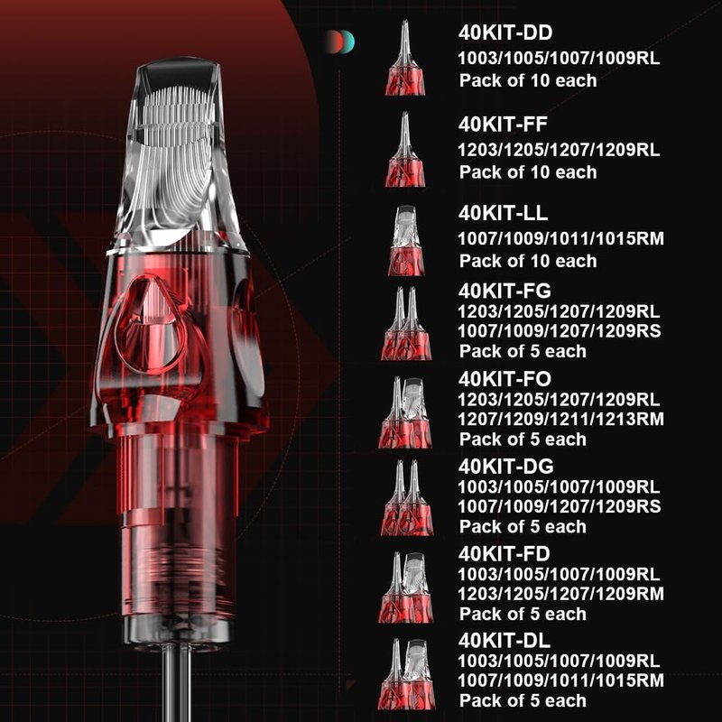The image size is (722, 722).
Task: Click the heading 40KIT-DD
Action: click(505, 32)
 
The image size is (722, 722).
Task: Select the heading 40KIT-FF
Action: click(503, 125)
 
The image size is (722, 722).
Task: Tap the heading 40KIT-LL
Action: click(503, 213)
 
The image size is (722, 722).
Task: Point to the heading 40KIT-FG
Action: click(504, 291)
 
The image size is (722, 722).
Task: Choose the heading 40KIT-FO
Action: click(504, 379)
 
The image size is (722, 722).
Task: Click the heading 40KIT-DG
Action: click(506, 467)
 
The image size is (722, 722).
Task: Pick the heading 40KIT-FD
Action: click(504, 554)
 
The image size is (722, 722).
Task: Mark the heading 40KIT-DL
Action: click(504, 641)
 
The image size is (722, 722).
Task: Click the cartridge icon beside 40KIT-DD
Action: click(405, 58)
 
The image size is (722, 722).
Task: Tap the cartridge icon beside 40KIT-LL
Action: click(405, 240)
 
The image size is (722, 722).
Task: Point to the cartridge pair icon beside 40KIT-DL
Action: click(405, 673)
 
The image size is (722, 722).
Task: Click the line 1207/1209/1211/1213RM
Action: click(560, 419)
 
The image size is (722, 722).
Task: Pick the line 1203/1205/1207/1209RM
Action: click(560, 594)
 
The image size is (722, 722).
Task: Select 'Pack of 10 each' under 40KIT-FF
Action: click(528, 172)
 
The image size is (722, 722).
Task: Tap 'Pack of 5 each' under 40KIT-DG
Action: click(523, 526)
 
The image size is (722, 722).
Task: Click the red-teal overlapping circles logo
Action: click(340, 42)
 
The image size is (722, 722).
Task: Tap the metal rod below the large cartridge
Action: click(178, 681)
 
